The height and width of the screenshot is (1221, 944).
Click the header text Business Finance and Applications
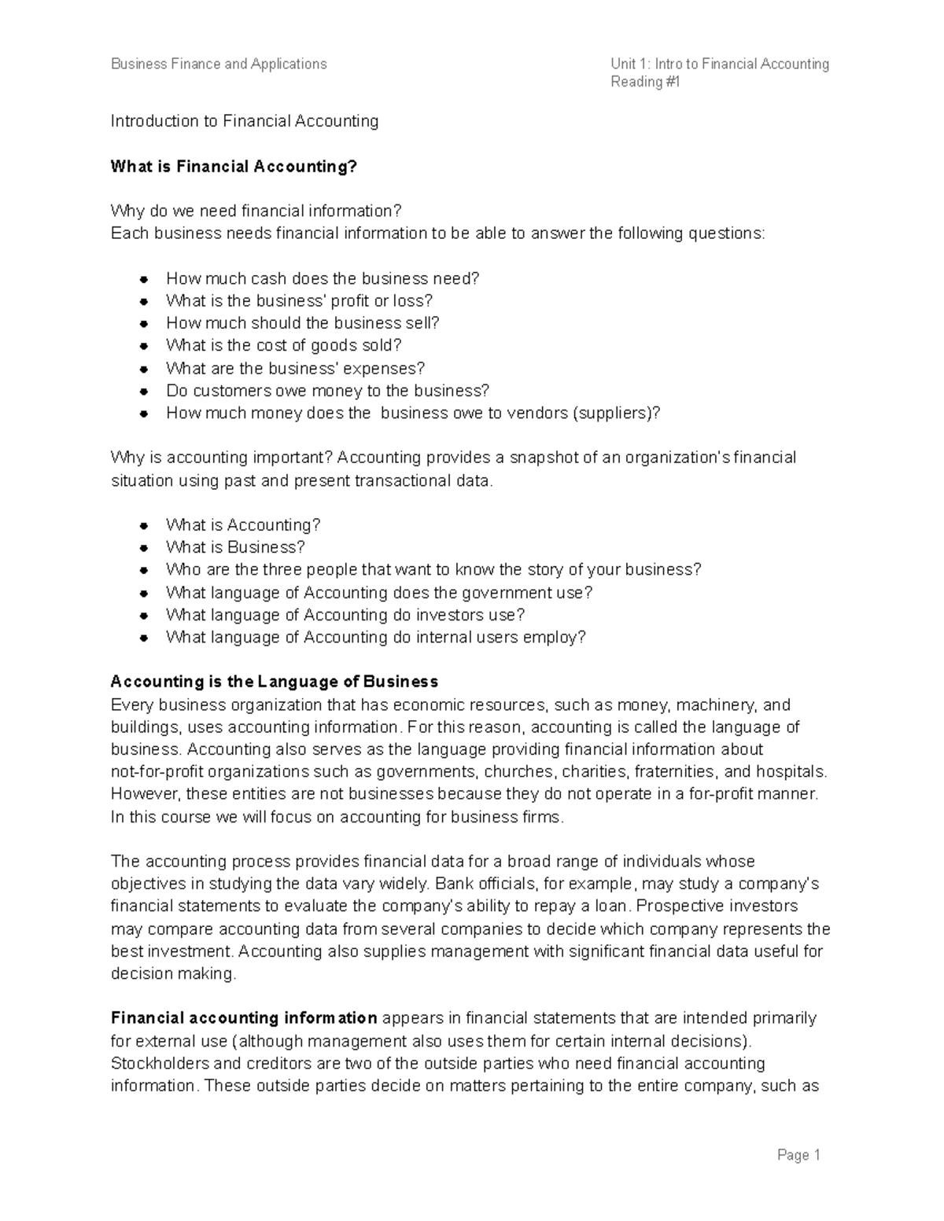219,64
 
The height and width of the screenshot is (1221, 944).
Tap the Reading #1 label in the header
645,82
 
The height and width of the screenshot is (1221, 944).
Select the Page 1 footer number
798,1155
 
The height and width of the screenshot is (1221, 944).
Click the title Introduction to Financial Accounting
244,121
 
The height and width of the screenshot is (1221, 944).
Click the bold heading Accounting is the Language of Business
274,682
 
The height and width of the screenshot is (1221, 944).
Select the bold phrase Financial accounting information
244,1018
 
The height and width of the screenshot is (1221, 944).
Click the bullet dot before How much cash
144,279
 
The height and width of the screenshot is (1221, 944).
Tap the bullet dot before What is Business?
144,548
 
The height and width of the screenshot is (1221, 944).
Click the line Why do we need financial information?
256,211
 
